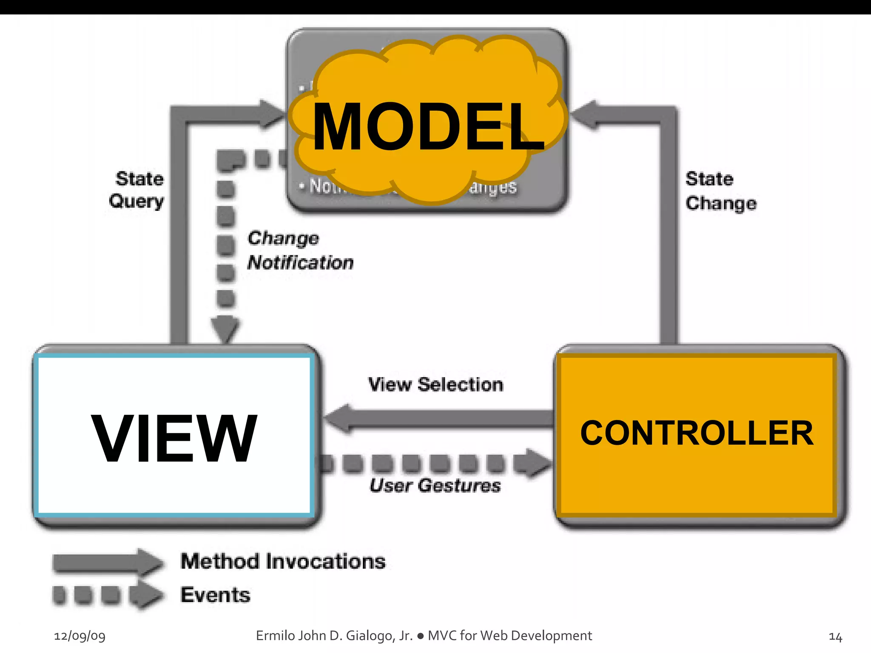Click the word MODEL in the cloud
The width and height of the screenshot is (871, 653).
428,127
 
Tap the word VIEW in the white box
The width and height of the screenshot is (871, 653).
174,437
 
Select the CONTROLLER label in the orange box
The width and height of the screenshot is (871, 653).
697,433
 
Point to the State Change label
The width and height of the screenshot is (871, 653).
720,191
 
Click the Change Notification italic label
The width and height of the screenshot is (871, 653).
299,250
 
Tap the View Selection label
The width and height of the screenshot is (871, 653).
435,385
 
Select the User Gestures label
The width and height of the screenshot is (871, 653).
435,485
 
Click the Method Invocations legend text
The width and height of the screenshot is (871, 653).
283,561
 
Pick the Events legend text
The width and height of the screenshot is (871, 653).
215,595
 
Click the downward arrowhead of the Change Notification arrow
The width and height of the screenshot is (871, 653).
225,329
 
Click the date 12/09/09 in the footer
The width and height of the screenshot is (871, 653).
80,636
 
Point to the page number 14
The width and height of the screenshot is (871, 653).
835,637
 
